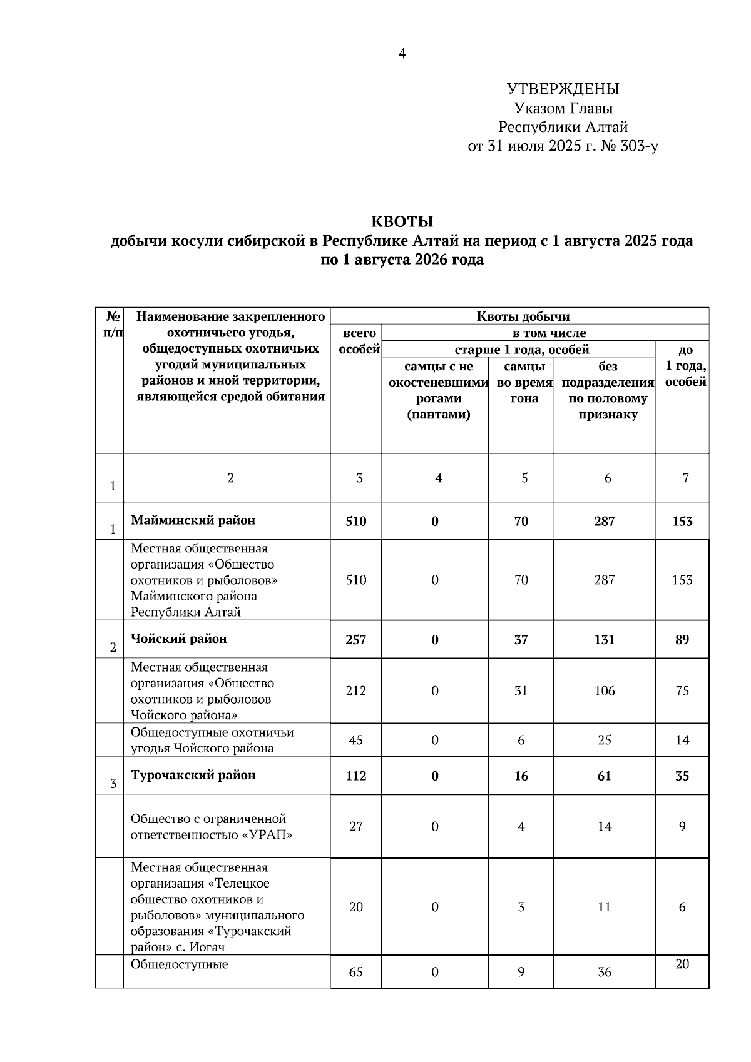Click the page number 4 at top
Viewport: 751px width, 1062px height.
click(x=402, y=54)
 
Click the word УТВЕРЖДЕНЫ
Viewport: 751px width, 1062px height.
click(x=563, y=89)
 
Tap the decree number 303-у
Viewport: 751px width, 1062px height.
click(x=638, y=147)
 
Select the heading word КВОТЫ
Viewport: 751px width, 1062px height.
click(x=402, y=222)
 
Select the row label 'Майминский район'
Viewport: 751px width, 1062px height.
click(x=193, y=520)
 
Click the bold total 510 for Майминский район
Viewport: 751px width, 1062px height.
click(x=355, y=522)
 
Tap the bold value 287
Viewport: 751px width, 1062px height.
click(x=604, y=522)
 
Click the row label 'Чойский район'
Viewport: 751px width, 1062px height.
click(x=178, y=639)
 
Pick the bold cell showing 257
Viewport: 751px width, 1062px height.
click(x=355, y=640)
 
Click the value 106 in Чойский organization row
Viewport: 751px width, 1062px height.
click(x=604, y=691)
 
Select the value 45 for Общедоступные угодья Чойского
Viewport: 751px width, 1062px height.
click(x=355, y=741)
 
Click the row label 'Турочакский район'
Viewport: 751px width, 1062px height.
click(x=193, y=776)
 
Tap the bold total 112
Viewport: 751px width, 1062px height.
click(x=355, y=776)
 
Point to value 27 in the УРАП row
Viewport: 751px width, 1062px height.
click(x=355, y=827)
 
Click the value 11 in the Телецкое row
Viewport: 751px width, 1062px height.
click(x=604, y=907)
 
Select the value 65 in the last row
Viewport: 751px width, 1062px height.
click(x=355, y=973)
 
